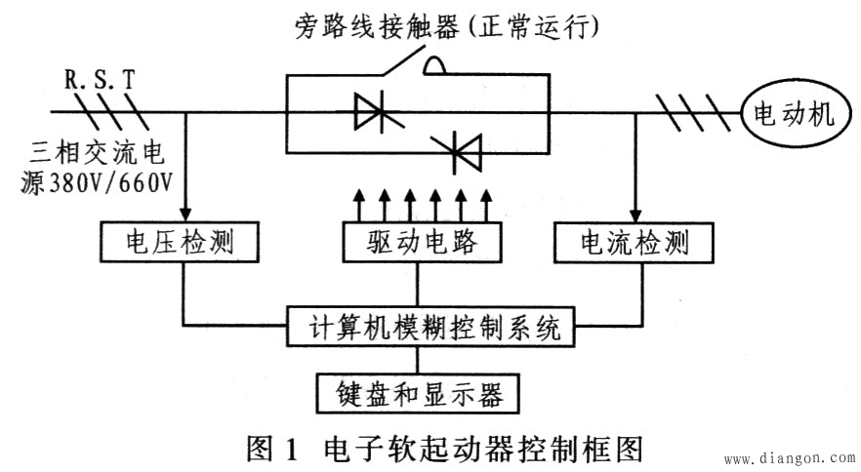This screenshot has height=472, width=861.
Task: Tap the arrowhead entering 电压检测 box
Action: coord(184,214)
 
